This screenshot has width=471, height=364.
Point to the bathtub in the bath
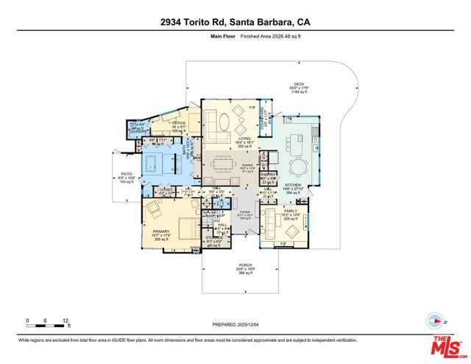[x=158, y=163]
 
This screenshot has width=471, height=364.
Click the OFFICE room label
[x=179, y=122]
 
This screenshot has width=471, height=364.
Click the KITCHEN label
[x=294, y=184]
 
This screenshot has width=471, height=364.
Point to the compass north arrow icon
[x=433, y=320]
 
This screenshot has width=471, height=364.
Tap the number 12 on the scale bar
[x=66, y=321]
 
